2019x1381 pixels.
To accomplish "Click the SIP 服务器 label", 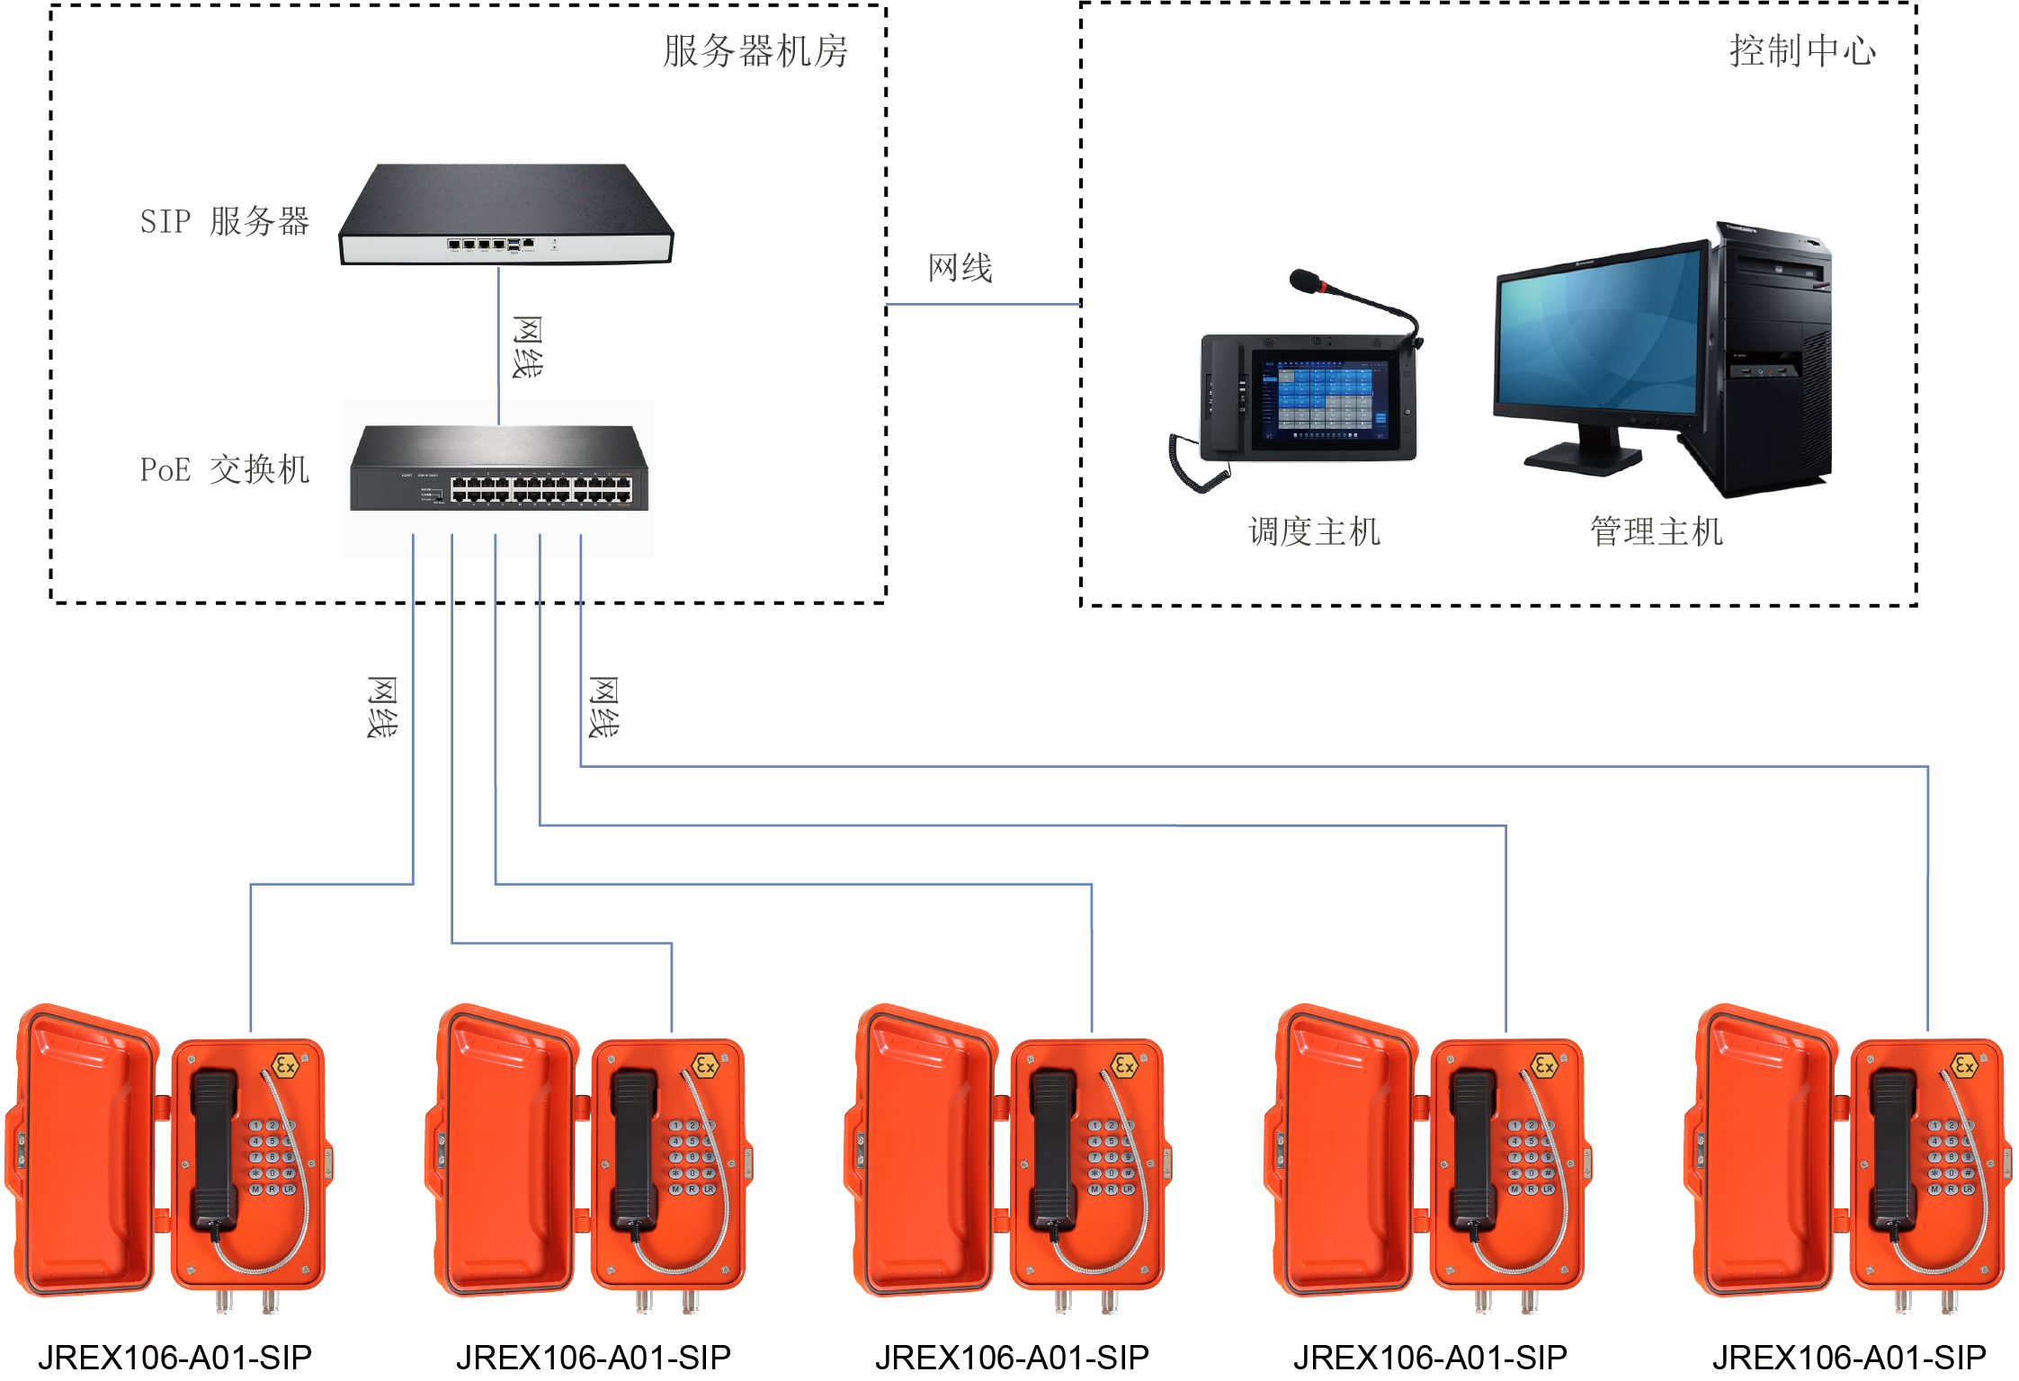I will (x=224, y=221).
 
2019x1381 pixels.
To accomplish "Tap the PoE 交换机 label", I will (x=224, y=469).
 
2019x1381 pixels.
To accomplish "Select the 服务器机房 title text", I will (x=755, y=51).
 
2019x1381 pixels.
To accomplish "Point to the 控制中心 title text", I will (x=1802, y=51).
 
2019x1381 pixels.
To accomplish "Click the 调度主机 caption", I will (x=1314, y=531).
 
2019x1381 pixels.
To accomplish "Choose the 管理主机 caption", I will (x=1656, y=531).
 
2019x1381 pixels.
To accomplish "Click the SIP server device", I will (x=505, y=216).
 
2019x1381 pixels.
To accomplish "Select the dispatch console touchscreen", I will (x=1318, y=400).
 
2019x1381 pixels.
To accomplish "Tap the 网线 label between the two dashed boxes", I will (x=960, y=268).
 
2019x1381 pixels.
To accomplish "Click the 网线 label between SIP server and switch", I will (x=527, y=347).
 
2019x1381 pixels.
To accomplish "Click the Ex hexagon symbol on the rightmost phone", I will (x=1964, y=1066).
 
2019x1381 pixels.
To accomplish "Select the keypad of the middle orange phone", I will (x=1112, y=1157).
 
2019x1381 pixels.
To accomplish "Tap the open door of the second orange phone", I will (x=504, y=1151).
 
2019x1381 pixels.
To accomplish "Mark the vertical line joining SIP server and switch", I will (x=499, y=346).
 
